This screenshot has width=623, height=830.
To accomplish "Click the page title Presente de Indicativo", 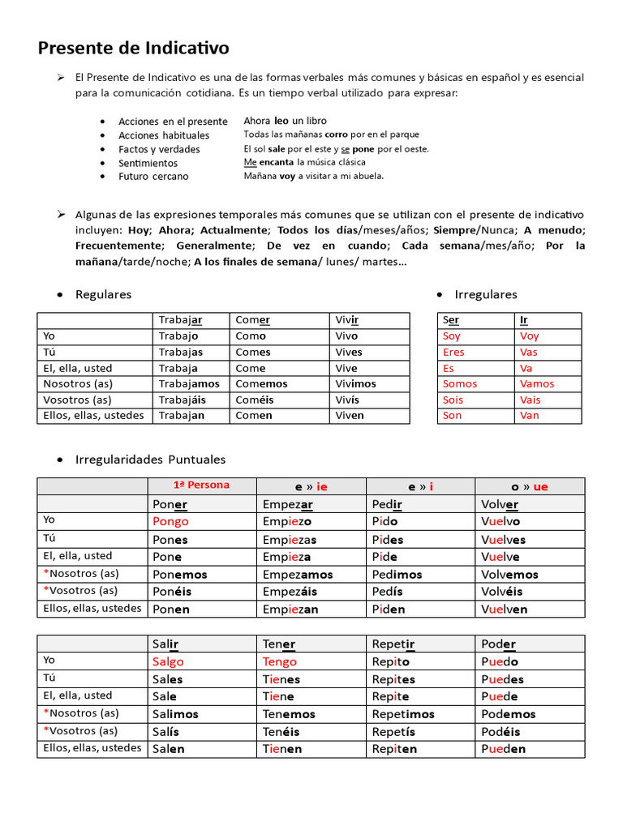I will pos(133,49).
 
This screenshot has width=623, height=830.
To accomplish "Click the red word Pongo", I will pos(170,521).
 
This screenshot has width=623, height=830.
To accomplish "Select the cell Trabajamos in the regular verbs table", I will pos(189,383).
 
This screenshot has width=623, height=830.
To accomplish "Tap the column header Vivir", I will pos(347,319).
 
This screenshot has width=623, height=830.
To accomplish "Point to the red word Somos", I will pos(460,383).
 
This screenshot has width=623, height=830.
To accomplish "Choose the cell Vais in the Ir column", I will pos(530,400).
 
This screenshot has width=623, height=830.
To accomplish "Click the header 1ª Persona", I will pos(201,486).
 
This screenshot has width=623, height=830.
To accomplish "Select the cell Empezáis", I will pos(290,591).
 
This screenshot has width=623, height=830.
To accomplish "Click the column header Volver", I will pos(499,504).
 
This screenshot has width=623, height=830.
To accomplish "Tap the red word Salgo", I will pos(168,661).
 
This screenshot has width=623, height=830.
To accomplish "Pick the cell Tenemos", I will pos(289,714).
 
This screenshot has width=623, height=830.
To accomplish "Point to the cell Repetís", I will pos(394,732).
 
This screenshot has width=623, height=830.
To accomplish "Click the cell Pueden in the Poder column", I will pos(503,749).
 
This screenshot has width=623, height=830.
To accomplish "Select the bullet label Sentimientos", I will pos(148,163).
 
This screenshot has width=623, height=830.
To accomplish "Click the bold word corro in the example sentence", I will pos(336,135).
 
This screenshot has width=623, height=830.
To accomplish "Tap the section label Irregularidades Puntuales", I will pos(150,460).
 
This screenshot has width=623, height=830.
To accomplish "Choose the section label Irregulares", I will pos(486,294).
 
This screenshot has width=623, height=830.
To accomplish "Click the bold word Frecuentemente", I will pos(118,246).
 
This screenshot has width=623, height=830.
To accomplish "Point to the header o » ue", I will pos(530,486).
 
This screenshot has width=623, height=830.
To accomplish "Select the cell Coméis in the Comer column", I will pos(255,400).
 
